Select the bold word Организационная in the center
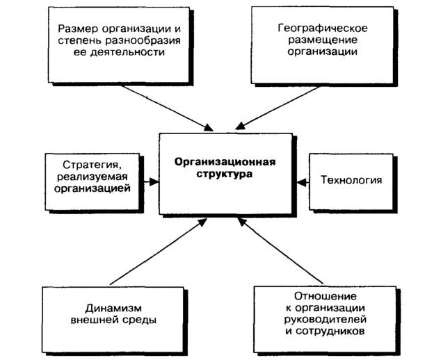(x=225, y=163)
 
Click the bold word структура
(x=225, y=175)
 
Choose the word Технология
(x=351, y=181)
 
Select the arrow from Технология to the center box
(x=301, y=182)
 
